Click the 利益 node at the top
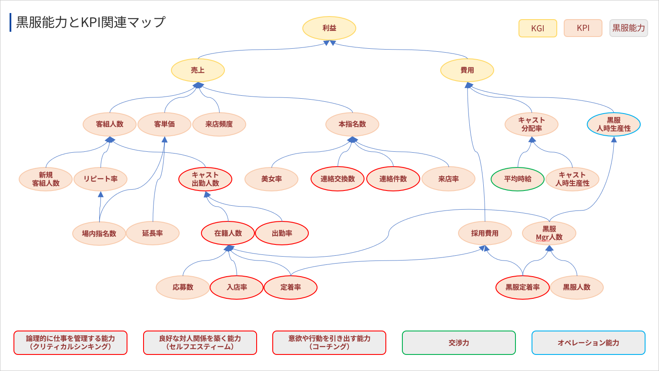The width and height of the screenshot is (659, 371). click(x=329, y=28)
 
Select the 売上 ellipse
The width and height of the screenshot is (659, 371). click(x=198, y=70)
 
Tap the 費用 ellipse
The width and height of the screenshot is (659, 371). click(x=467, y=70)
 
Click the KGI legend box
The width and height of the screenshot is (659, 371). click(x=538, y=28)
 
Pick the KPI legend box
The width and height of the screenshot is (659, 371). click(x=583, y=28)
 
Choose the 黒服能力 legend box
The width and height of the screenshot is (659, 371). click(x=629, y=28)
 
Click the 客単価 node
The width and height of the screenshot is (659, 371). click(x=164, y=124)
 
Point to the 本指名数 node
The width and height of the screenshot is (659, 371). click(x=352, y=124)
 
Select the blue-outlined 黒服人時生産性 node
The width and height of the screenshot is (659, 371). click(x=614, y=124)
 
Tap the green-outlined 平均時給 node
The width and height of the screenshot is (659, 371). click(x=518, y=179)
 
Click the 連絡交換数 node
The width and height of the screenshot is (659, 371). click(x=338, y=179)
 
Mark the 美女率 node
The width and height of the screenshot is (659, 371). click(x=271, y=179)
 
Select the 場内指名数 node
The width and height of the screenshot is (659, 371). click(x=99, y=234)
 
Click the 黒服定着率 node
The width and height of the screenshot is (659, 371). click(x=522, y=287)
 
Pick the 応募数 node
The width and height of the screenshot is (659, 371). click(x=183, y=287)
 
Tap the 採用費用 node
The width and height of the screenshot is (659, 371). click(x=485, y=234)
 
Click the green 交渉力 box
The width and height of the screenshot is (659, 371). click(x=459, y=343)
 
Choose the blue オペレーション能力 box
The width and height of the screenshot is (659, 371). click(x=588, y=343)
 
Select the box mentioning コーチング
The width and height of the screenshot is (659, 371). click(x=329, y=343)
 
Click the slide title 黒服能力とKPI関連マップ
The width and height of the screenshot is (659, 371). click(x=91, y=22)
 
